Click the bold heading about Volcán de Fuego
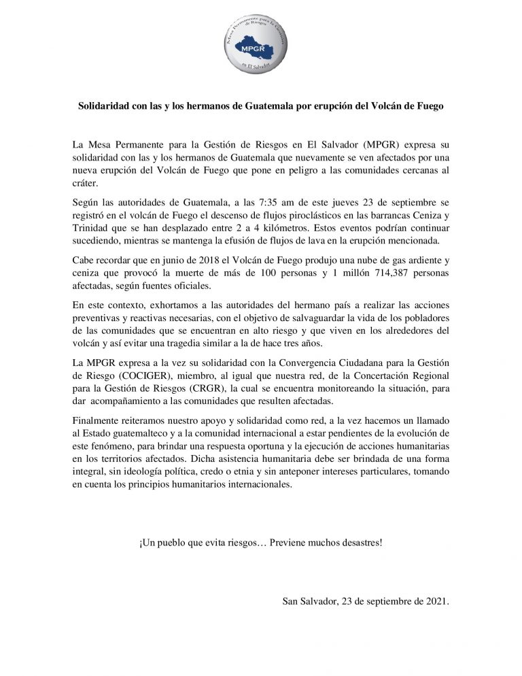260,107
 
